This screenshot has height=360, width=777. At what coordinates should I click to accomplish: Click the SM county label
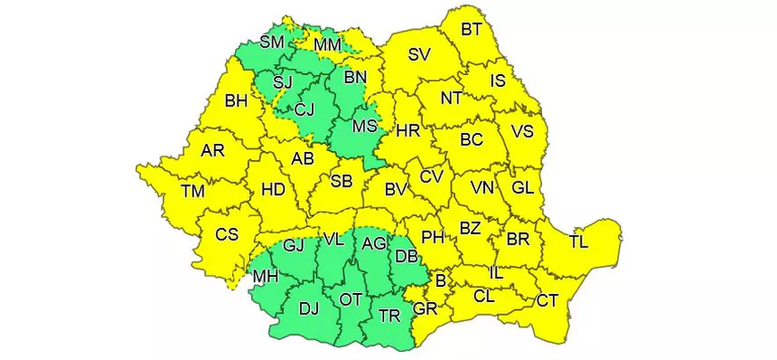click(x=272, y=42)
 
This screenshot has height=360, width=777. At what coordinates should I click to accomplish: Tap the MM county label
click(x=327, y=43)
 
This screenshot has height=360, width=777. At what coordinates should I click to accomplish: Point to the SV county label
click(x=419, y=54)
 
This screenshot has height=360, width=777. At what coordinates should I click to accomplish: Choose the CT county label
click(x=547, y=300)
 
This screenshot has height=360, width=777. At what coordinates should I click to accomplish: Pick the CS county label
click(x=227, y=235)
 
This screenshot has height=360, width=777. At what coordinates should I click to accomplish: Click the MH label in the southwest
click(x=265, y=277)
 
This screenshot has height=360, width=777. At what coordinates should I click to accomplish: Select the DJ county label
click(x=308, y=309)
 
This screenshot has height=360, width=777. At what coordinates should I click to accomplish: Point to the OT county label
click(x=350, y=300)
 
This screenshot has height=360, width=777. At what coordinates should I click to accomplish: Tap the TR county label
click(x=389, y=314)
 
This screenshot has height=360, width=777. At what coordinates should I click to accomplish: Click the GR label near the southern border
click(x=425, y=309)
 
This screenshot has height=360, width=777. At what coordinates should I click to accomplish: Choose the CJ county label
click(x=305, y=110)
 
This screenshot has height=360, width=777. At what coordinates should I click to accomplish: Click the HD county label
click(x=272, y=188)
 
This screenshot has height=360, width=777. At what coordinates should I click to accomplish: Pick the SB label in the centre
click(x=341, y=181)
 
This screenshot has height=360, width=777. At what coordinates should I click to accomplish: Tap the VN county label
click(x=483, y=188)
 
